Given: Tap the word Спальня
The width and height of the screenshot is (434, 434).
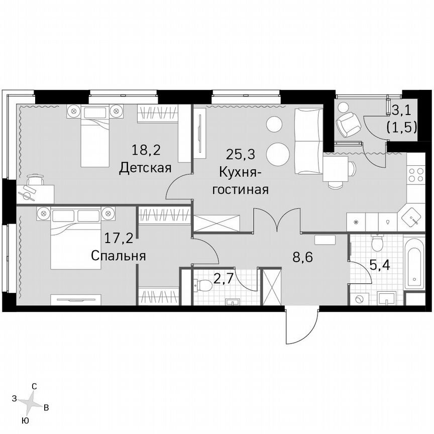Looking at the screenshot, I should click(119, 256).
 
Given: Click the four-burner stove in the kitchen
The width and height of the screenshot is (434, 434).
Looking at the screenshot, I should click(416, 174).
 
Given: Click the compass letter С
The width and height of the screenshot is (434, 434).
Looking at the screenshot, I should click(34, 386).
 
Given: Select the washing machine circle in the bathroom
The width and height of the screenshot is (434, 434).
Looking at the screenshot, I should click(359, 299).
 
